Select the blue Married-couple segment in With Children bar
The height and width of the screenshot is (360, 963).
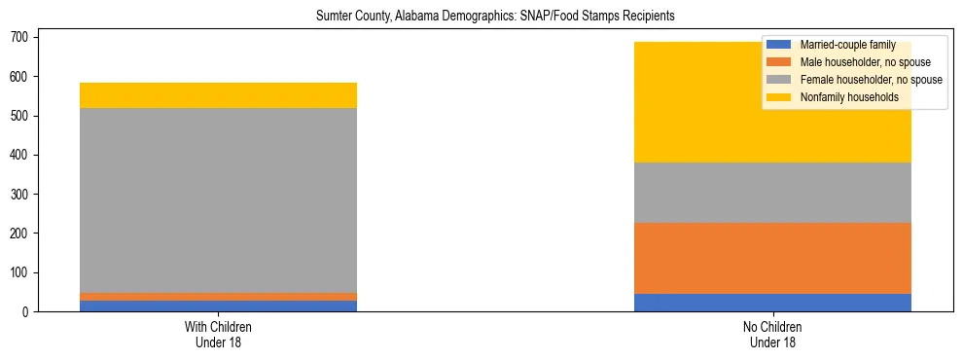click(x=218, y=306)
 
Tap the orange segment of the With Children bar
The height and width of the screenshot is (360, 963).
click(x=218, y=297)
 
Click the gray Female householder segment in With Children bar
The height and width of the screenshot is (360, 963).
click(x=218, y=199)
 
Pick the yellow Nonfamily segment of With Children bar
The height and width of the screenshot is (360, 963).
click(x=218, y=95)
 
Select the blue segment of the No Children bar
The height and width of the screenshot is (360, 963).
click(x=772, y=303)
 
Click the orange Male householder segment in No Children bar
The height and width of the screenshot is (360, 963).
click(x=772, y=258)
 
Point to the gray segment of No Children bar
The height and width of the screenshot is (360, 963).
click(x=772, y=193)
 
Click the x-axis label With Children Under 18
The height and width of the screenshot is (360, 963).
click(x=218, y=334)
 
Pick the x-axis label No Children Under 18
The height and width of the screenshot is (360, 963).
click(x=772, y=334)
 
